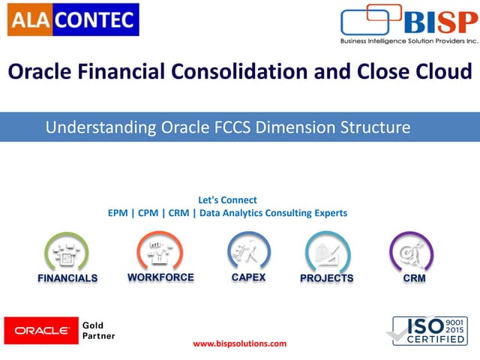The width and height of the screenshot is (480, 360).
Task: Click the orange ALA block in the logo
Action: [28, 18]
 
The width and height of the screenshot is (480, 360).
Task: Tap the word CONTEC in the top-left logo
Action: [94, 18]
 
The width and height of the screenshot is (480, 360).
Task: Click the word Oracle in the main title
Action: [40, 72]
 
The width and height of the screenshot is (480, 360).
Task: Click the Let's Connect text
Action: [227, 200]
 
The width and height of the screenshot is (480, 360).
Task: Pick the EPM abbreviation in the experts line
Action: [118, 213]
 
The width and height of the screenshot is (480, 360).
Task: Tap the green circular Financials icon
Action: [67, 251]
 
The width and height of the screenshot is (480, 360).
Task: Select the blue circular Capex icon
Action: [248, 250]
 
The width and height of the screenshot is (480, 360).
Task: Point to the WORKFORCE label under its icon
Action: [160, 277]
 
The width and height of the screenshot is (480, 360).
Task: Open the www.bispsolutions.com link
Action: [240, 343]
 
